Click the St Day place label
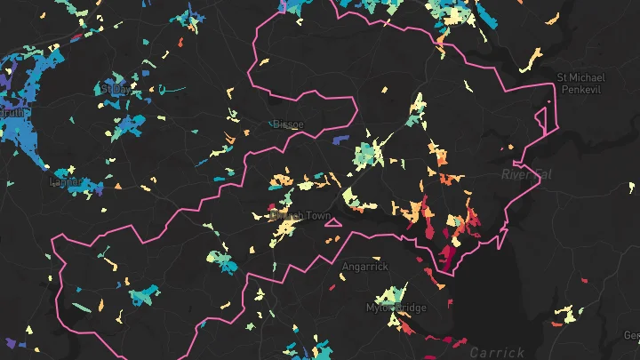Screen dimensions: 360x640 (115, 89)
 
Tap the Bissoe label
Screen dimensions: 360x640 (288, 124)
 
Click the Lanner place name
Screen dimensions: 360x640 (64, 182)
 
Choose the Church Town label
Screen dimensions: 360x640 (300, 216)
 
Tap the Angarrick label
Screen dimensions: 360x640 (365, 266)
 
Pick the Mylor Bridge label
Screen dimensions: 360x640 (396, 308)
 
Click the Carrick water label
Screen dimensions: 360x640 (497, 351)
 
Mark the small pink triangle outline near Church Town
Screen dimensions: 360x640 (332, 222)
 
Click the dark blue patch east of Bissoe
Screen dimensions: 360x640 (339, 139)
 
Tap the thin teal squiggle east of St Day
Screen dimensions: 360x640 (174, 90)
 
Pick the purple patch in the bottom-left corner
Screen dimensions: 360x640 (12, 343)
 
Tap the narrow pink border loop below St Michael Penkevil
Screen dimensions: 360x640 (540, 119)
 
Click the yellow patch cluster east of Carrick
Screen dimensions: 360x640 (564, 314)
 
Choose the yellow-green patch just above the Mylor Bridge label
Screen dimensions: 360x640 (391, 294)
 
